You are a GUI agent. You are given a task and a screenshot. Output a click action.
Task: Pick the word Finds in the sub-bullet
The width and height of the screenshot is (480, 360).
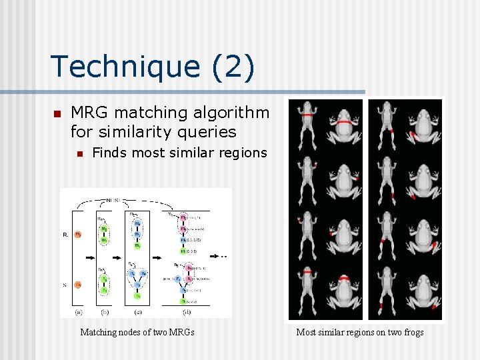tap(109, 153)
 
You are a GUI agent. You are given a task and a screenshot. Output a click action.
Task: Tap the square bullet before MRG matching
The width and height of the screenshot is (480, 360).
tap(57, 113)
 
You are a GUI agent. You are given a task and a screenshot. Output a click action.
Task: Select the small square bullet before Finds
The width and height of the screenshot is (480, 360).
tap(79, 154)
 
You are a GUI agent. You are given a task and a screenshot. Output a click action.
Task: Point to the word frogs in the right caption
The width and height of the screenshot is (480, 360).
tap(411, 332)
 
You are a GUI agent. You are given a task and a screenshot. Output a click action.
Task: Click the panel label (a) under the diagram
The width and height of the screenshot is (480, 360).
tap(79, 312)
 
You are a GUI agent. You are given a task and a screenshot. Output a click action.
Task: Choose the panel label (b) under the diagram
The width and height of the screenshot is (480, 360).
tap(105, 312)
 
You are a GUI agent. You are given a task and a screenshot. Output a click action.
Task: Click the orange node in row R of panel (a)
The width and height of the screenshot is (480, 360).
tap(78, 234)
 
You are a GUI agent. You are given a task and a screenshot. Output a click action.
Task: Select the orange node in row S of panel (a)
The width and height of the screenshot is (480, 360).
tap(78, 285)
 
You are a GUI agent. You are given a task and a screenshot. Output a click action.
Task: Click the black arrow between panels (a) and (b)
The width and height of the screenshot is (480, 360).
tap(91, 255)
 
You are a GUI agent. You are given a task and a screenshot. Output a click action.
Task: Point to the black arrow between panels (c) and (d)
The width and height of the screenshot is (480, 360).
tap(159, 255)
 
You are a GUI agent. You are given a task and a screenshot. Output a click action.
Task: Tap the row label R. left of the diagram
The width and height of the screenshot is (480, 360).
tap(65, 235)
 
